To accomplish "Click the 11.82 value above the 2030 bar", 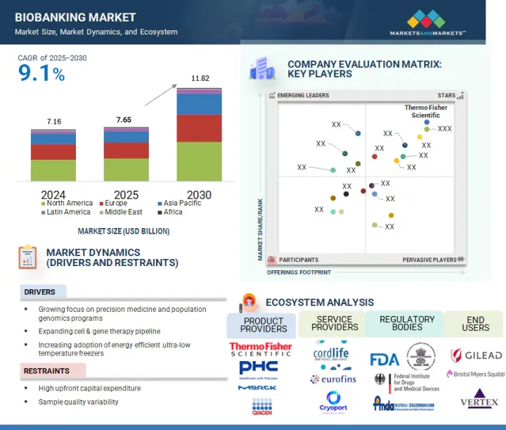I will [200, 79].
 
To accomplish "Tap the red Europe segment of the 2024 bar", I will [53, 152].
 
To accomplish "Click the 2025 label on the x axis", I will [126, 194].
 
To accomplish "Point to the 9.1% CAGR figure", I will [41, 73].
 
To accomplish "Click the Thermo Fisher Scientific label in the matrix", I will [425, 111].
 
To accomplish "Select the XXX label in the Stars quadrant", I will [445, 129].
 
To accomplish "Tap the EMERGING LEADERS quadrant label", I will [303, 96].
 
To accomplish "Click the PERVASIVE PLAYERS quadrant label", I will [429, 260].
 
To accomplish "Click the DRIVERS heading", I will [39, 292].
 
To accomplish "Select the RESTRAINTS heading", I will [46, 371].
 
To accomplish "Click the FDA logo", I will [384, 359].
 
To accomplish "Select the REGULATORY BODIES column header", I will [407, 323].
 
